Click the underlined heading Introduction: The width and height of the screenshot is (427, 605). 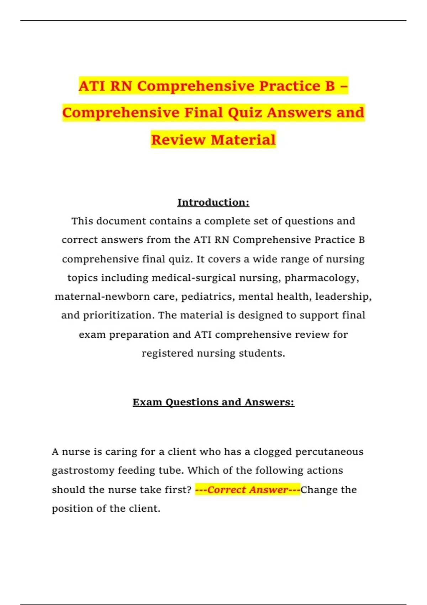213,202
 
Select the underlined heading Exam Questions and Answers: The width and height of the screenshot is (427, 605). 213,402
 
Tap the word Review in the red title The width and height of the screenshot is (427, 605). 178,140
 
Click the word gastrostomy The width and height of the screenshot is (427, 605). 83,470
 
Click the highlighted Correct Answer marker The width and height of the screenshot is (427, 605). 247,490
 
